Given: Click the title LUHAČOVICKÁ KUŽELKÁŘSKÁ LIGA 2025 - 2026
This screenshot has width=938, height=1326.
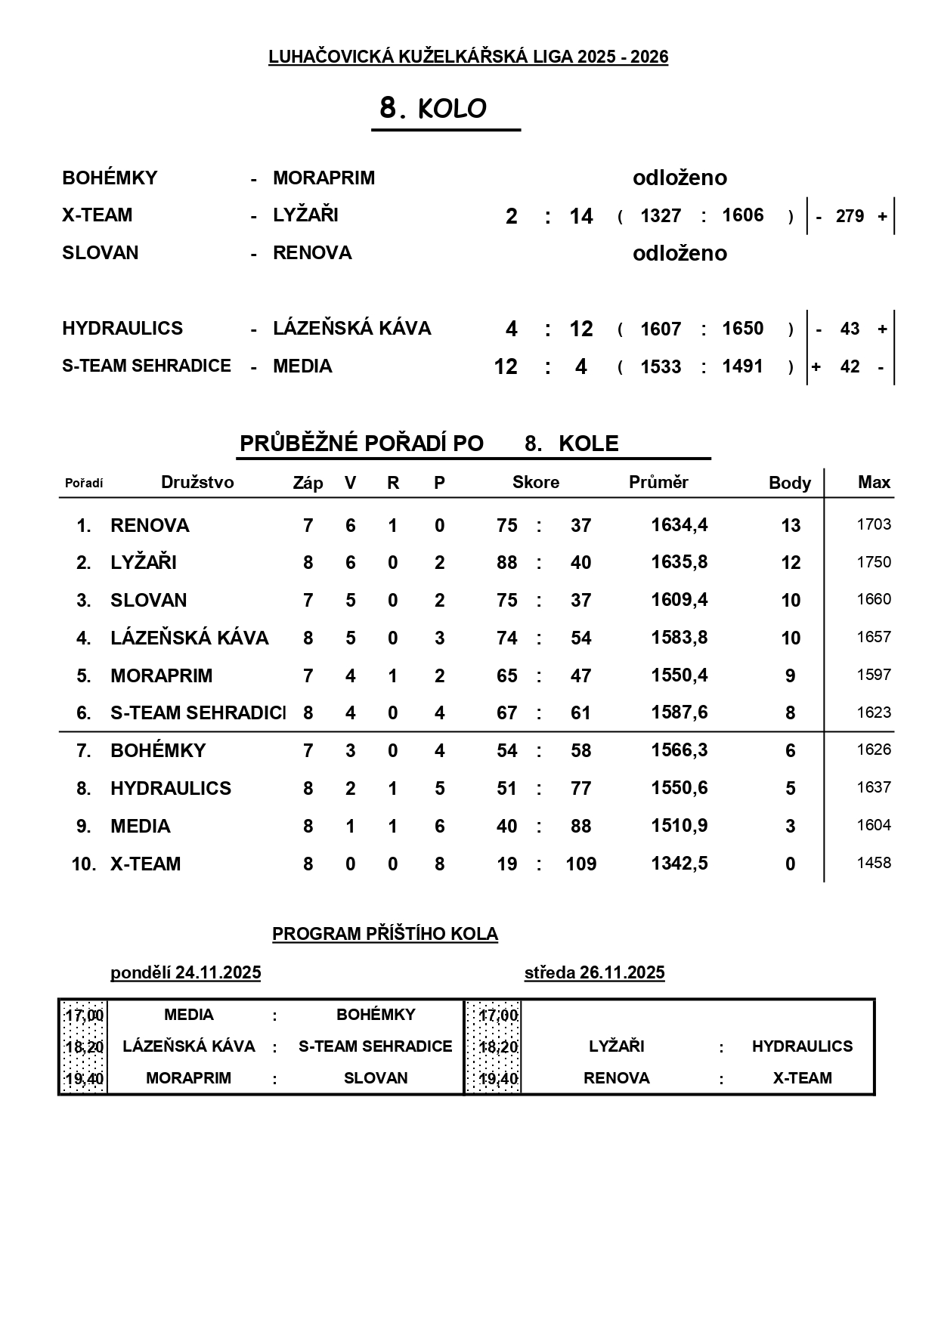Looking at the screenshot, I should [x=468, y=57].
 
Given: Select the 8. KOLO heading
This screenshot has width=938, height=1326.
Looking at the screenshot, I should [x=433, y=109].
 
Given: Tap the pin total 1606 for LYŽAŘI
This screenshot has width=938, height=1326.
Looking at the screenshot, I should [x=742, y=215].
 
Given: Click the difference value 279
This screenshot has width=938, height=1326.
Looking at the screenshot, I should [x=850, y=216].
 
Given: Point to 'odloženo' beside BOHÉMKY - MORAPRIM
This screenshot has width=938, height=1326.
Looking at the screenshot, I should [x=680, y=178].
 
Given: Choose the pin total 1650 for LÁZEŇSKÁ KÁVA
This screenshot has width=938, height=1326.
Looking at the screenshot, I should [x=742, y=329].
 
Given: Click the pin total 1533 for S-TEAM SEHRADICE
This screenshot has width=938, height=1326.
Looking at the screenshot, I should [x=661, y=366].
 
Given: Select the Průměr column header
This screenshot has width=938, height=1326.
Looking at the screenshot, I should [x=658, y=483].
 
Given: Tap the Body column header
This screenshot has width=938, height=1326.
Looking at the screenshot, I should [x=790, y=483].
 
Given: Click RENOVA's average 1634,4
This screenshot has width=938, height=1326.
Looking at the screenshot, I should [x=680, y=525].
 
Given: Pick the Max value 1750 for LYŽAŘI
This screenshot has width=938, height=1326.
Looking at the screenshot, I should [x=874, y=562].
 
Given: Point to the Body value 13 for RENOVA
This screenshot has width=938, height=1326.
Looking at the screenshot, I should [x=791, y=525].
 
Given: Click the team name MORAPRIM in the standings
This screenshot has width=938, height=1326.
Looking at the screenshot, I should [x=162, y=675].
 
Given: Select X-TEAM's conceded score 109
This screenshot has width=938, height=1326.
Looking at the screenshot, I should [x=580, y=864].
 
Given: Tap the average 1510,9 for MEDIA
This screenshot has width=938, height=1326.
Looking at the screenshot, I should [x=680, y=826].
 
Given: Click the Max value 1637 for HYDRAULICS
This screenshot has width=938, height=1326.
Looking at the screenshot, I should [x=874, y=787].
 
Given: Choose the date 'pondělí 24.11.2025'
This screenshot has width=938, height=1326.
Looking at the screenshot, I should [x=185, y=972].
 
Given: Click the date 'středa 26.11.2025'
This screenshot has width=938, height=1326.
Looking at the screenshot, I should [x=594, y=972].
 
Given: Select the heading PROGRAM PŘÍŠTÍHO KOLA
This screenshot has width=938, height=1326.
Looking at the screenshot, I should [x=385, y=934].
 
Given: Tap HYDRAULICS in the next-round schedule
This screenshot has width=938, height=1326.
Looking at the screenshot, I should [x=802, y=1046].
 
